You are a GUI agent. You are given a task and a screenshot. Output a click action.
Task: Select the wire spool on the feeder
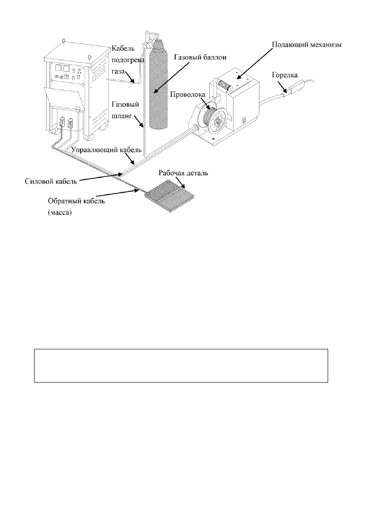[x=215, y=118]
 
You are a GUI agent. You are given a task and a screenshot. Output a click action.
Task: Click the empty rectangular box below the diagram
[x=181, y=365]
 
